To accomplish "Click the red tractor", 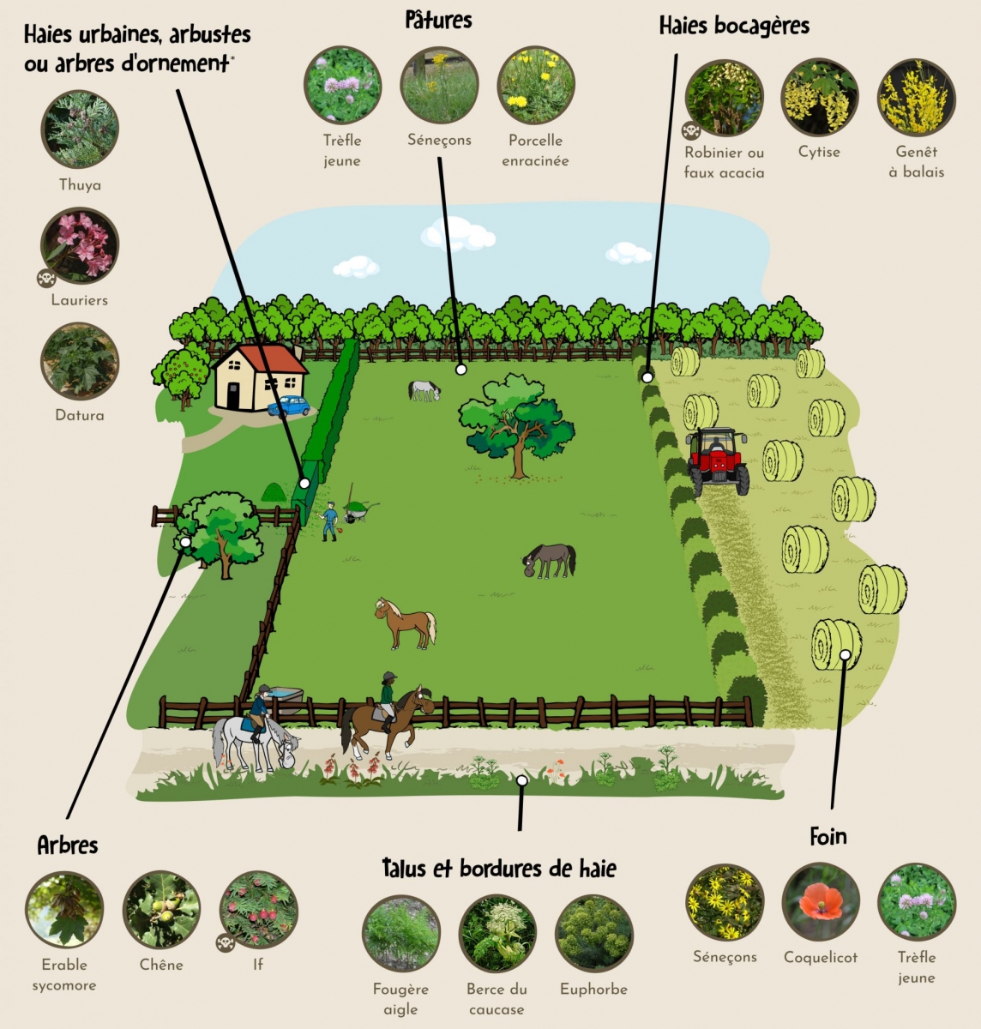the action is [x=718, y=460].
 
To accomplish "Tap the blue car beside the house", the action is [x=288, y=406].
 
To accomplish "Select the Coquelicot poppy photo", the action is [x=821, y=902].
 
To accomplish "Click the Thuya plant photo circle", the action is [x=80, y=129].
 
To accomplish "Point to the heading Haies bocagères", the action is [x=734, y=26].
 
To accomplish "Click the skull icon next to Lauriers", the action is [x=46, y=278].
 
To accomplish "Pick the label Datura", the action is [x=80, y=416].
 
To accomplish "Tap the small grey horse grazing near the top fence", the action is [x=424, y=390].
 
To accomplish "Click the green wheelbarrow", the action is [x=359, y=510].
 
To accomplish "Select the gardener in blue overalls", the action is [x=329, y=521].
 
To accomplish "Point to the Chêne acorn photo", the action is [x=161, y=910].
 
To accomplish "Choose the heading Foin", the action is [x=828, y=836].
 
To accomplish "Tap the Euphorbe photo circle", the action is [x=593, y=934].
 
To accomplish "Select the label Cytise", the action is [x=819, y=153].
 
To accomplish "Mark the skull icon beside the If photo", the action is [x=226, y=942].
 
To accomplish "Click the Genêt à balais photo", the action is [x=917, y=98].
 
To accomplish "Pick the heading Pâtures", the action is [x=439, y=21].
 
